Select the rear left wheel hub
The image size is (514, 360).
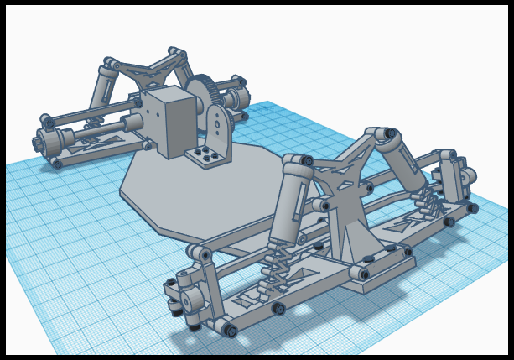[46, 139]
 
